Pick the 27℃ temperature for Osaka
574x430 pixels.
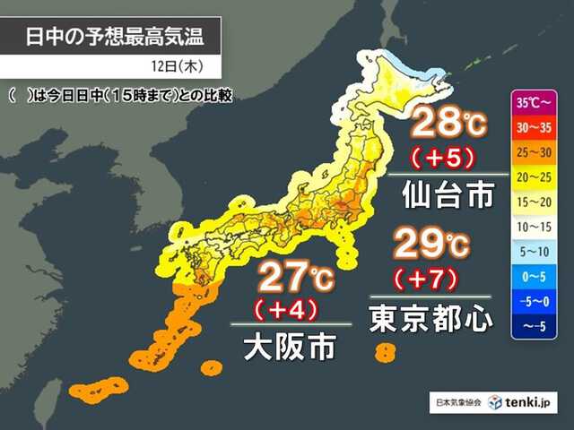point(293,277)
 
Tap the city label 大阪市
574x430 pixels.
point(290,347)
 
